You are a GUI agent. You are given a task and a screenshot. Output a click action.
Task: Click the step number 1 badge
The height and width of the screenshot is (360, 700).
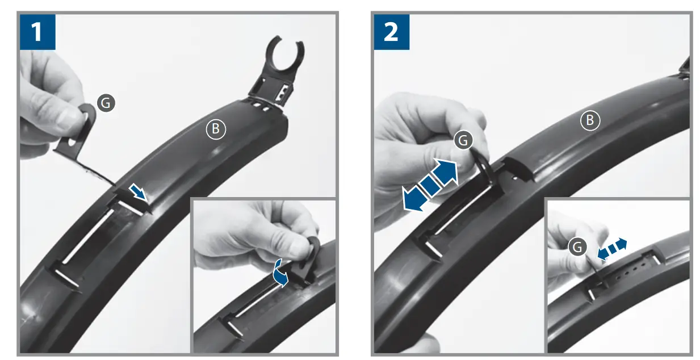(37, 32)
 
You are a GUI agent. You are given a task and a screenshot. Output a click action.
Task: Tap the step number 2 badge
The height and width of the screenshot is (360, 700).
(391, 32)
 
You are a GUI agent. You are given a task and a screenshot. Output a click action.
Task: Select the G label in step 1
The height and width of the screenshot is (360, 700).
(106, 102)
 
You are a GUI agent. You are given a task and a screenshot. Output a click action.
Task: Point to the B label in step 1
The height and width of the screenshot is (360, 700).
(215, 129)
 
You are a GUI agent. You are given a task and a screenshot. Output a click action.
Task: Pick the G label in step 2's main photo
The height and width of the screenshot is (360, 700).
(463, 140)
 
